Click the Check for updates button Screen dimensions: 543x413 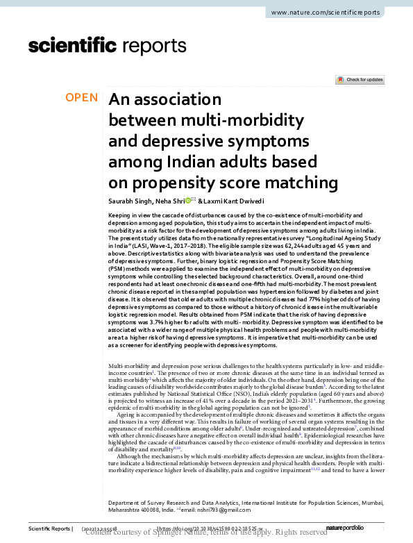(x=359, y=80)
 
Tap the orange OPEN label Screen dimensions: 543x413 (x=81, y=98)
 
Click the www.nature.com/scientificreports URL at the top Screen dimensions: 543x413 (x=335, y=13)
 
